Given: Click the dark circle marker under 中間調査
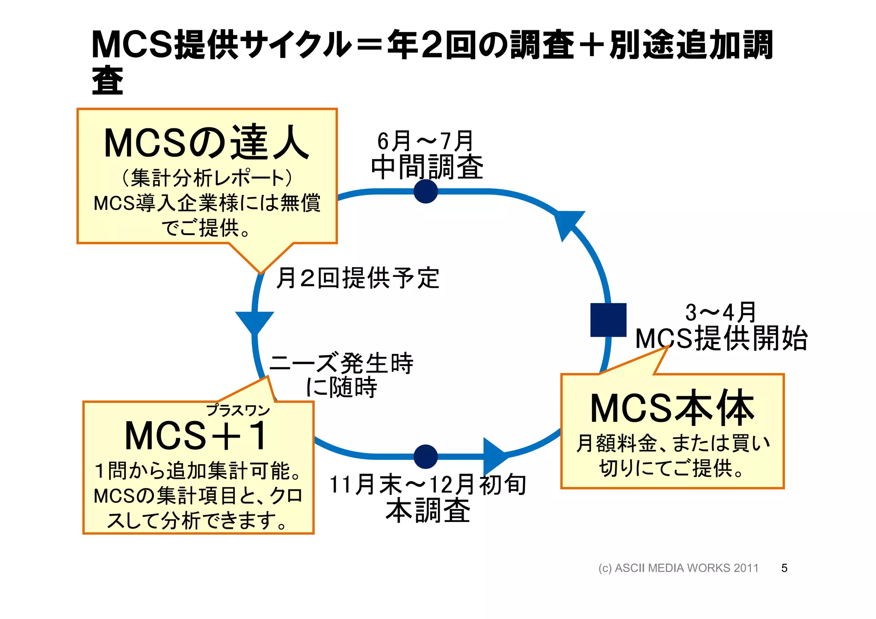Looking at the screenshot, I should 426,191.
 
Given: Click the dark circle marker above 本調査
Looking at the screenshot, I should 426,456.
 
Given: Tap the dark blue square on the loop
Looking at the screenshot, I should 608,320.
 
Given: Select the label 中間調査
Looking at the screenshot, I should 427,167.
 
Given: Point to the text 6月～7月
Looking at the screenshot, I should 425,141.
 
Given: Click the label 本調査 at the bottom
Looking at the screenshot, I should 428,510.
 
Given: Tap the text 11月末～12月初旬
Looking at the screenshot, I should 428,485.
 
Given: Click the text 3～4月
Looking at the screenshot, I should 720,312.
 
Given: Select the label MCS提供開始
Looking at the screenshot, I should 721,339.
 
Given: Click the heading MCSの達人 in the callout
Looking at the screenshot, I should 207,143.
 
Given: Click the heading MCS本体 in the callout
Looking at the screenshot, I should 672,408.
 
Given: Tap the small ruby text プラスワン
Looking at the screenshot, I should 238,410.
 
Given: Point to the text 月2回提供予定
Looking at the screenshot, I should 358,278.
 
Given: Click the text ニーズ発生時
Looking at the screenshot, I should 341,363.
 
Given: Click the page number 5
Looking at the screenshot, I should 784,568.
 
